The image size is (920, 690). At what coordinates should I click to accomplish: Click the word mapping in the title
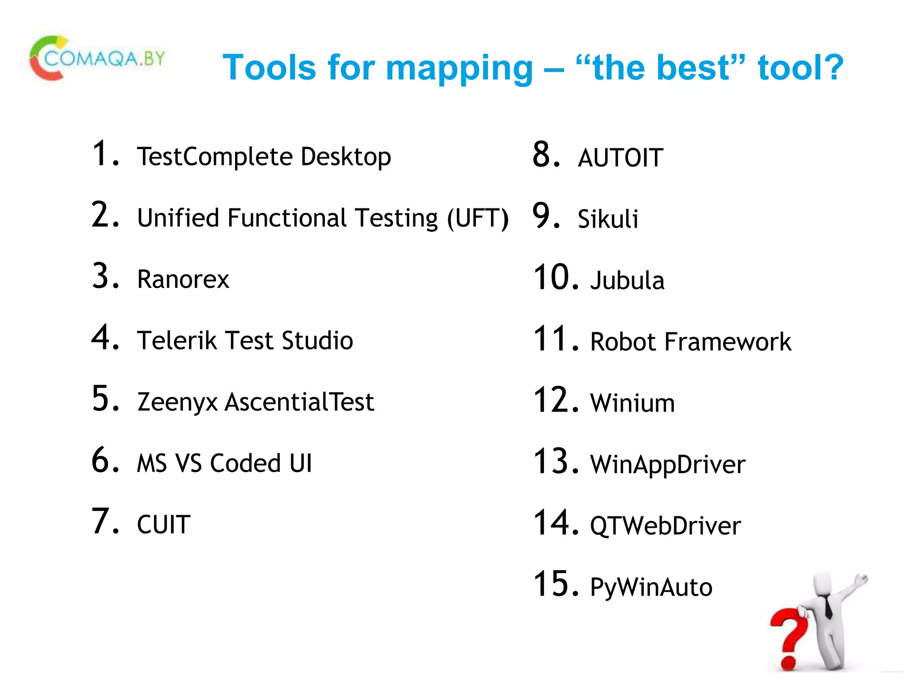pyautogui.click(x=459, y=68)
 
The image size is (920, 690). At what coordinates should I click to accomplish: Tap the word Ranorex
pyautogui.click(x=183, y=279)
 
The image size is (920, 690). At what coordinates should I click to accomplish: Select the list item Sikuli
pyautogui.click(x=608, y=219)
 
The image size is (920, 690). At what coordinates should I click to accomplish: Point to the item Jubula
pyautogui.click(x=627, y=281)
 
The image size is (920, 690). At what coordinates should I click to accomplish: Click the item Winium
pyautogui.click(x=632, y=403)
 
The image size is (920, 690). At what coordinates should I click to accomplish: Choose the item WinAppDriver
pyautogui.click(x=668, y=464)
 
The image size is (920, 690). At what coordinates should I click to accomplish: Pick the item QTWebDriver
pyautogui.click(x=665, y=526)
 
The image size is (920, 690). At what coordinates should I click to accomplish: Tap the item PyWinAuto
pyautogui.click(x=651, y=587)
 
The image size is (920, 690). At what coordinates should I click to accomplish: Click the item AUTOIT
pyautogui.click(x=620, y=158)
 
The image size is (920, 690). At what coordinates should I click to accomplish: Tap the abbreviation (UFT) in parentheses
pyautogui.click(x=478, y=218)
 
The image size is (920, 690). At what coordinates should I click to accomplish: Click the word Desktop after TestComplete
pyautogui.click(x=346, y=157)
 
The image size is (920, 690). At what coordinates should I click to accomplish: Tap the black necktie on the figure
pyautogui.click(x=828, y=606)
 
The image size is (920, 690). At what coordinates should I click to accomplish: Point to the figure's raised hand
pyautogui.click(x=862, y=580)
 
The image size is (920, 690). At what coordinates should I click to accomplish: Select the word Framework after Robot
pyautogui.click(x=728, y=342)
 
